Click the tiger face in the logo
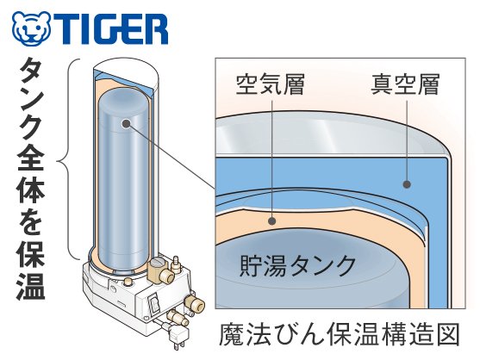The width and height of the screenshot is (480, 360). [x=31, y=28]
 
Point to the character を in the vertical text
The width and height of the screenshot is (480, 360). [x=31, y=221]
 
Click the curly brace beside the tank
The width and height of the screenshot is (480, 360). [x=65, y=159]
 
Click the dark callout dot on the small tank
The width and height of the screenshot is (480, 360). [x=126, y=123]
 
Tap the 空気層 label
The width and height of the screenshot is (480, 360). [x=270, y=84]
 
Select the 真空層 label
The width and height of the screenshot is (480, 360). [x=405, y=84]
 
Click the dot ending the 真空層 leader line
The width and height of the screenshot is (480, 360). [x=407, y=184]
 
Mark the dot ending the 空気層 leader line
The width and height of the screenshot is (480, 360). [x=271, y=220]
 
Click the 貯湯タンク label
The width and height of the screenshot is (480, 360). [x=297, y=265]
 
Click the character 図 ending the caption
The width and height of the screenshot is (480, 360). [x=447, y=334]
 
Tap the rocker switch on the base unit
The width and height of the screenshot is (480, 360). [x=154, y=304]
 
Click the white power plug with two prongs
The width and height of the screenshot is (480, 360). [x=178, y=338]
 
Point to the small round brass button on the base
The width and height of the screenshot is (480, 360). [x=128, y=281]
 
